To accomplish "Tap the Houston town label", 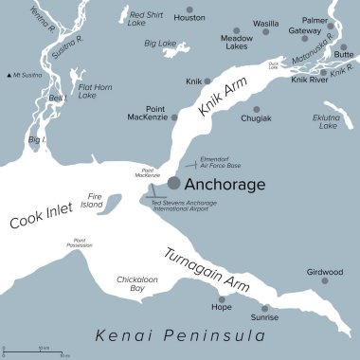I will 189,18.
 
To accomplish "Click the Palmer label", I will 315,20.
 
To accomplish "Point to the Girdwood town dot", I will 324,281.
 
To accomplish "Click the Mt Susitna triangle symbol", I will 9,74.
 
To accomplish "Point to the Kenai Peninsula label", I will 179,335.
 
